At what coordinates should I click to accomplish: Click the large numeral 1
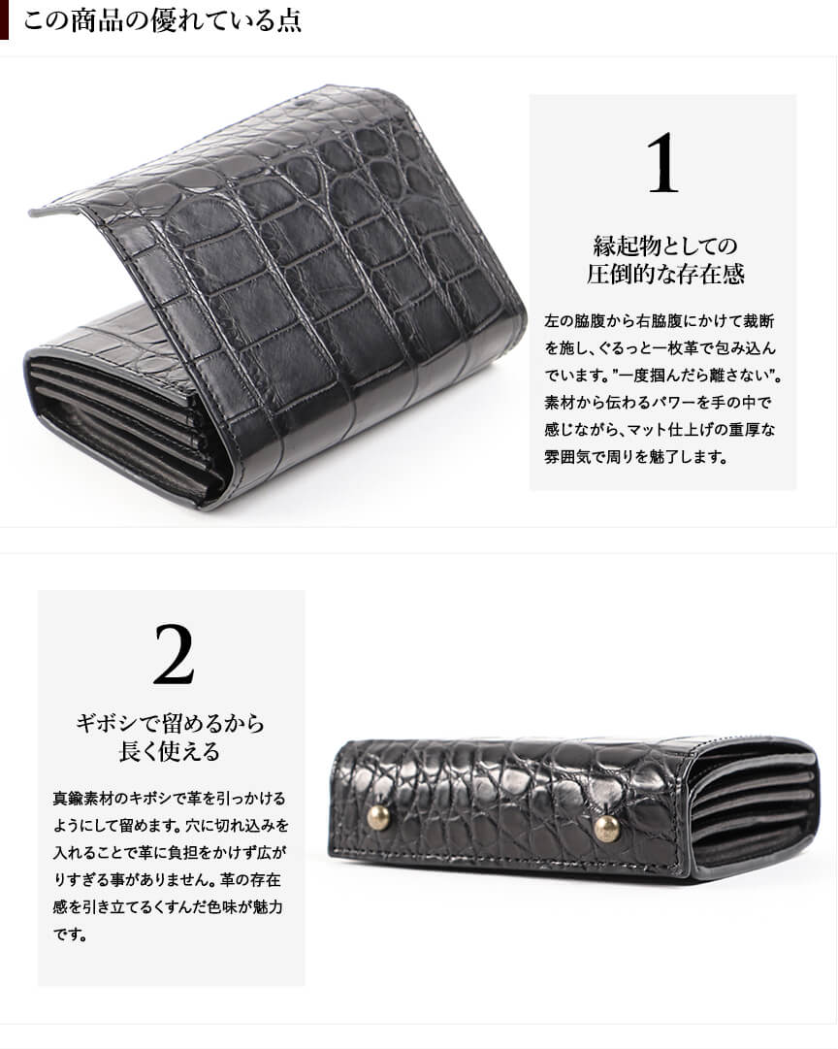pos(663,163)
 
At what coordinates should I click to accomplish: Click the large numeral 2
pos(174,654)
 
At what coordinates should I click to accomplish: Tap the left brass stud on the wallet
pos(378,818)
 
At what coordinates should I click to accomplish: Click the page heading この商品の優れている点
pos(163,20)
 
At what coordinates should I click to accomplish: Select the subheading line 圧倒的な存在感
pos(665,274)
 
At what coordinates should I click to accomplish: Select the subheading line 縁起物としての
pos(665,246)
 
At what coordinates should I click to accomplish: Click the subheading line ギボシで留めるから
pos(170,723)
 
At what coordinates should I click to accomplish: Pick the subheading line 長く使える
pos(170,751)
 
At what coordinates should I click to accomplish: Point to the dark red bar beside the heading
pos(4,20)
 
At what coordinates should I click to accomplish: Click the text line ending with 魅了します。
pos(636,457)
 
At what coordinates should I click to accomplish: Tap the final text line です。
pos(70,934)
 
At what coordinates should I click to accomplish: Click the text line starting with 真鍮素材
pos(169,798)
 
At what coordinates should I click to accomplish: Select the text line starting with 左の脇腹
pos(660,321)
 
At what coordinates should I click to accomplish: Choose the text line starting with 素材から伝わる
pos(659,403)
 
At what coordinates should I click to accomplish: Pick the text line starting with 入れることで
pos(170,853)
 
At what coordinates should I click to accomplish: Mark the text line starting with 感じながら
pos(660,430)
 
